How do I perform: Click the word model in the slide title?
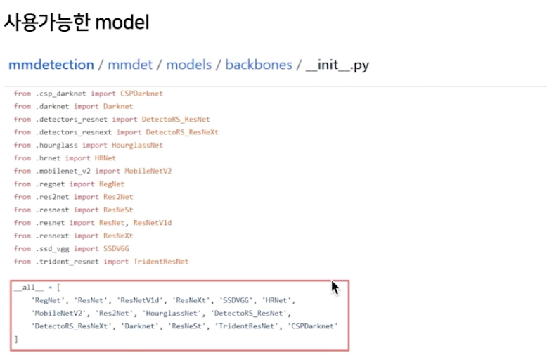(122, 22)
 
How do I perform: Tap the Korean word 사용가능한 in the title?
(46, 22)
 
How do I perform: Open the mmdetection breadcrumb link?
(51, 65)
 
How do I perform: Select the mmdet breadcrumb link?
(130, 65)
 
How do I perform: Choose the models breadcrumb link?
(188, 65)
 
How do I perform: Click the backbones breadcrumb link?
(259, 65)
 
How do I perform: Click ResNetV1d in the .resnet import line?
(153, 223)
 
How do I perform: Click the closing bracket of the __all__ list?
(16, 339)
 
